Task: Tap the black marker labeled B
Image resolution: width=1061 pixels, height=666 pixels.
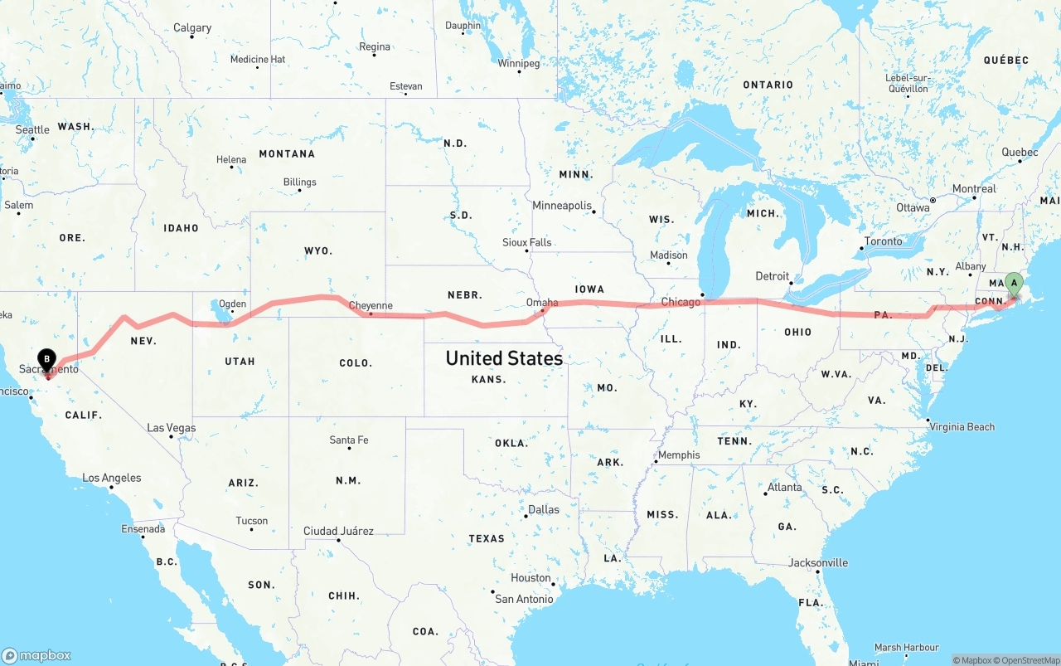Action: click(47, 359)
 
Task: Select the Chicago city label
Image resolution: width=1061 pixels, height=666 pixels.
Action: click(681, 302)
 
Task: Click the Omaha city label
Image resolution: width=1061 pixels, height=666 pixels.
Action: click(542, 303)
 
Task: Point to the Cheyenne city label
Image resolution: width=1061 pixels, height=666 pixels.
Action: click(371, 305)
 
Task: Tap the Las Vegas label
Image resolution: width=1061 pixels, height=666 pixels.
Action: click(172, 428)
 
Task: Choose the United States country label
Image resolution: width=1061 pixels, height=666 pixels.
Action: click(504, 358)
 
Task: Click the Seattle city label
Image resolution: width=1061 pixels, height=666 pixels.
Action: click(32, 129)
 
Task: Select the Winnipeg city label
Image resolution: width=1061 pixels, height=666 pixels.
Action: click(519, 63)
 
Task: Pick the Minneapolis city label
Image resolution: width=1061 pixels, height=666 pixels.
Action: click(562, 205)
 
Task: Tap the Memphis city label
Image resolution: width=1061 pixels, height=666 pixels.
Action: click(679, 455)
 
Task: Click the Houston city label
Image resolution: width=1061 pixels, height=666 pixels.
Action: click(530, 577)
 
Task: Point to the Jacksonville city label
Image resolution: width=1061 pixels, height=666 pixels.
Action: click(818, 562)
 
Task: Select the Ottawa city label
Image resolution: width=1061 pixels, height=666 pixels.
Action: click(913, 207)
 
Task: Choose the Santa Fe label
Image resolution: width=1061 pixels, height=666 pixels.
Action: click(349, 440)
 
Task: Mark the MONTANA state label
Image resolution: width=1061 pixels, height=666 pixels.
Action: click(287, 153)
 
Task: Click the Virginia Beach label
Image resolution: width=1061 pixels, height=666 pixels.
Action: click(962, 426)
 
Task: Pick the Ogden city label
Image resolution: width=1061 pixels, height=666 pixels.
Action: click(232, 304)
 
